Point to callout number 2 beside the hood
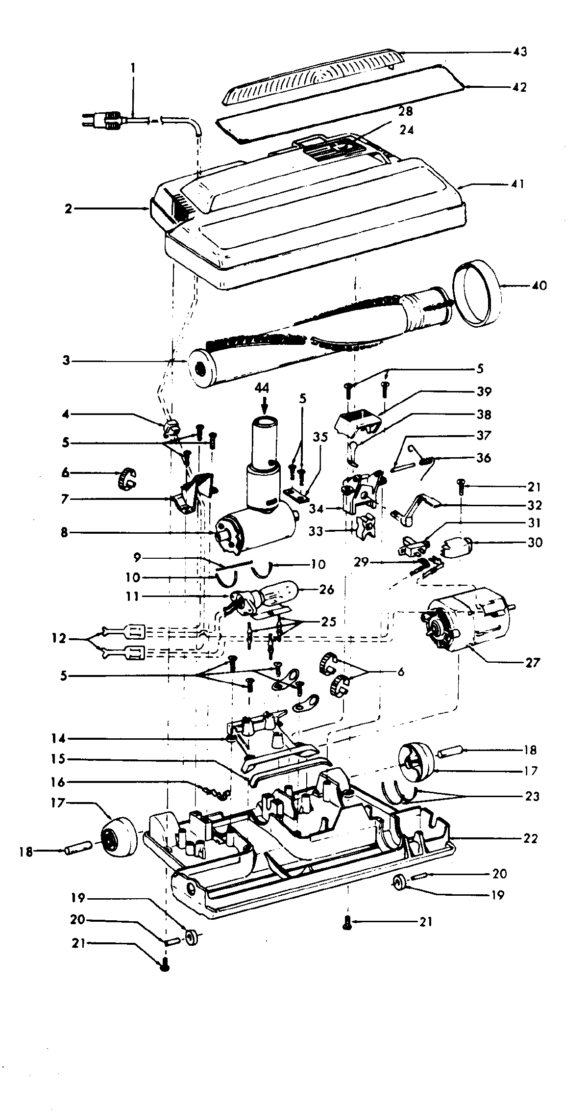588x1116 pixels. pos(68,208)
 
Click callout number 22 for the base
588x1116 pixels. pos(530,838)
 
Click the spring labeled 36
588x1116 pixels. pos(427,460)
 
